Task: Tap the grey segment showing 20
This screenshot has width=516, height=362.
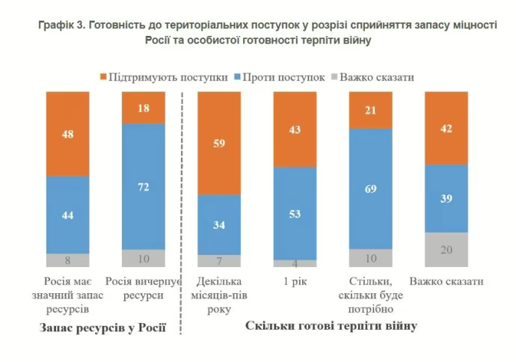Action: [x=446, y=250]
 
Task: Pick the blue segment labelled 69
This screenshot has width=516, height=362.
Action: [x=371, y=188]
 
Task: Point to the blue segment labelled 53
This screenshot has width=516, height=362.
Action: [x=295, y=214]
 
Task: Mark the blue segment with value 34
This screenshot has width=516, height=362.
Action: [x=219, y=225]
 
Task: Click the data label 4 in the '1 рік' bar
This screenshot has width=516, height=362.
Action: [x=295, y=264]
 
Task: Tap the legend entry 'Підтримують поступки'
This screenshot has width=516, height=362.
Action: [x=164, y=76]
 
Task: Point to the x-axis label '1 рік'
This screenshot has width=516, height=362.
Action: [x=295, y=282]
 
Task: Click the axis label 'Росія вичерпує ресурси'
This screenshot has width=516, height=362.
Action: [x=144, y=288]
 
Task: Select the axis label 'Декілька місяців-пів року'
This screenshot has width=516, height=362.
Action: [x=219, y=294]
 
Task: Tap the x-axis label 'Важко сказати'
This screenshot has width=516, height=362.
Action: [x=446, y=282]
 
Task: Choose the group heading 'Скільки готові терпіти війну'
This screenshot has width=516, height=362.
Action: [x=331, y=326]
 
